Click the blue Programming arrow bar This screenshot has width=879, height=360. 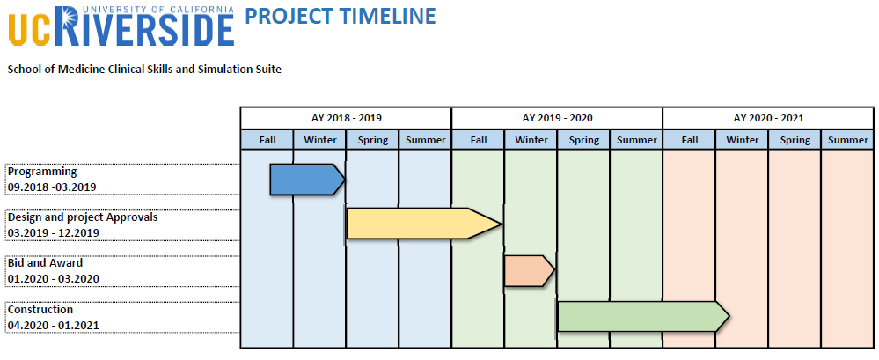pos(307,180)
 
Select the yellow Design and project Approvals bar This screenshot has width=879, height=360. pos(424,224)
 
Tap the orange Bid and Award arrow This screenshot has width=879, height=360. pos(529,271)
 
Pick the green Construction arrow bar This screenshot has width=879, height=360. pos(643,316)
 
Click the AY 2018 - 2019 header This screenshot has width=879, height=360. pos(347,118)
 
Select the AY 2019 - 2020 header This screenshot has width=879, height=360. pos(557,118)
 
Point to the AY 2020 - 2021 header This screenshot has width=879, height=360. pos(768,118)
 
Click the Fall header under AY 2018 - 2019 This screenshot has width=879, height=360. pos(267,140)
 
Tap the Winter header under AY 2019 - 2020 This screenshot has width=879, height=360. pos(531,140)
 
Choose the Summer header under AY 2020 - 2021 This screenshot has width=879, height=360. pos(847,140)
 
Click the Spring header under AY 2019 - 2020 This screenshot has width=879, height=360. pos(583,140)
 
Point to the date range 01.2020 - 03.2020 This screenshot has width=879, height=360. pos(54,279)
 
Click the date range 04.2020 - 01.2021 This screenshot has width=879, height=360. pos(54,326)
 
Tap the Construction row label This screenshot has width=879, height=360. pos(40,310)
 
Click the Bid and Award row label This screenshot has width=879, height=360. pos(45,263)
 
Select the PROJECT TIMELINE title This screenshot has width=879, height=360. pos(341,16)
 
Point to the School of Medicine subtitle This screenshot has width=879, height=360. pos(144,70)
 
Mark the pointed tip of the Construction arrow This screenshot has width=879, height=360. pos(729,316)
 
